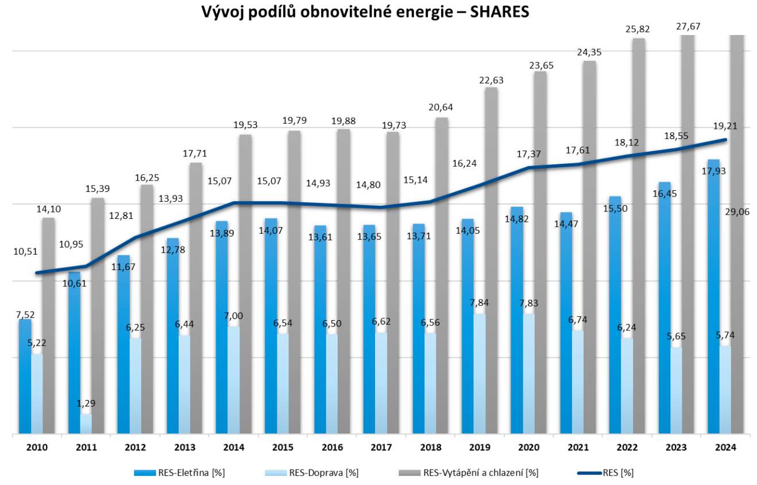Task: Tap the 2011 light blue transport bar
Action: click(x=86, y=424)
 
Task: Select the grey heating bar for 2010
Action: click(x=48, y=325)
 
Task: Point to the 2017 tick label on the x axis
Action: click(x=381, y=448)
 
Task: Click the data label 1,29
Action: click(x=86, y=404)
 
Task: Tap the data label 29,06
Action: click(x=737, y=211)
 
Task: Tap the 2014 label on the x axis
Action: click(x=234, y=448)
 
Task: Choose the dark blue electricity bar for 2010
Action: click(x=25, y=376)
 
